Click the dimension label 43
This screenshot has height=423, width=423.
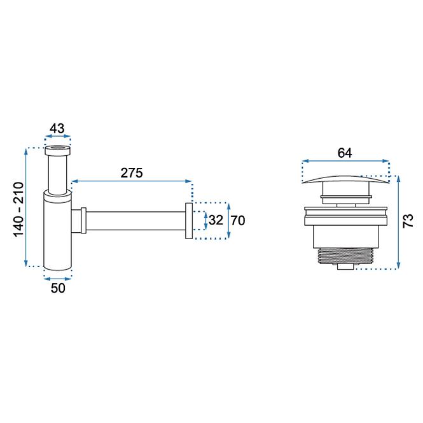pos(57,128)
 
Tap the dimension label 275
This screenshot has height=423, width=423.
pos(132,173)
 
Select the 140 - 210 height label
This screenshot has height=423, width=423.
pos(18,210)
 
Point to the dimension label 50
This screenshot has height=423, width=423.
pos(58,288)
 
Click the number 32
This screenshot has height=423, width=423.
pos(216,220)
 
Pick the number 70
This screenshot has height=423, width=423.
pos(238,221)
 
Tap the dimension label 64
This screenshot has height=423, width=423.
pos(345,153)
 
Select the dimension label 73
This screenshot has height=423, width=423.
pos(408,221)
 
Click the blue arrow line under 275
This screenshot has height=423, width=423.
pos(132,181)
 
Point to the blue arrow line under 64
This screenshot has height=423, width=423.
pos(345,162)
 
